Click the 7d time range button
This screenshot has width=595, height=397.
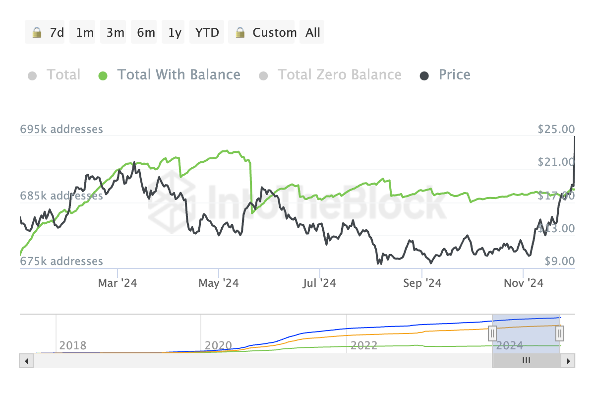tap(45, 32)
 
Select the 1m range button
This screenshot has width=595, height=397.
tap(82, 32)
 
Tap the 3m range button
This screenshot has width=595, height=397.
tap(113, 32)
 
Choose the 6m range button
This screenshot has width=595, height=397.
tap(144, 32)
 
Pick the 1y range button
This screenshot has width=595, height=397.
tap(173, 32)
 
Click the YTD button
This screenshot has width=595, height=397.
tap(207, 32)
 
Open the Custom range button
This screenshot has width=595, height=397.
tap(261, 32)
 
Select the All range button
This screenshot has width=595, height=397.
tap(312, 32)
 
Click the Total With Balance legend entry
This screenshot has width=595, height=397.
tap(170, 75)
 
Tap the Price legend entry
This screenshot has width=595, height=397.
tap(445, 75)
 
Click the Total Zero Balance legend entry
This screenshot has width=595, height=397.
tap(330, 75)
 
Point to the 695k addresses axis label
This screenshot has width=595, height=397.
tap(61, 129)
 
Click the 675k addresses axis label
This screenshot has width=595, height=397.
tap(61, 261)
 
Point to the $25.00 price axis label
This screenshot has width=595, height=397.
tap(556, 129)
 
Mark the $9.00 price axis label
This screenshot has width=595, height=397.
tap(560, 261)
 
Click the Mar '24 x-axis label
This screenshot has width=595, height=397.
tap(118, 283)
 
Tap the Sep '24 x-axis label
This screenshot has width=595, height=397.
tap(422, 283)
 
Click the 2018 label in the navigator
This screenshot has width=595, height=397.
tap(73, 345)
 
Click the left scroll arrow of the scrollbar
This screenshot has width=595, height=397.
tap(26, 361)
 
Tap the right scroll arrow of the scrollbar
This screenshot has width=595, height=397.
tap(568, 361)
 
